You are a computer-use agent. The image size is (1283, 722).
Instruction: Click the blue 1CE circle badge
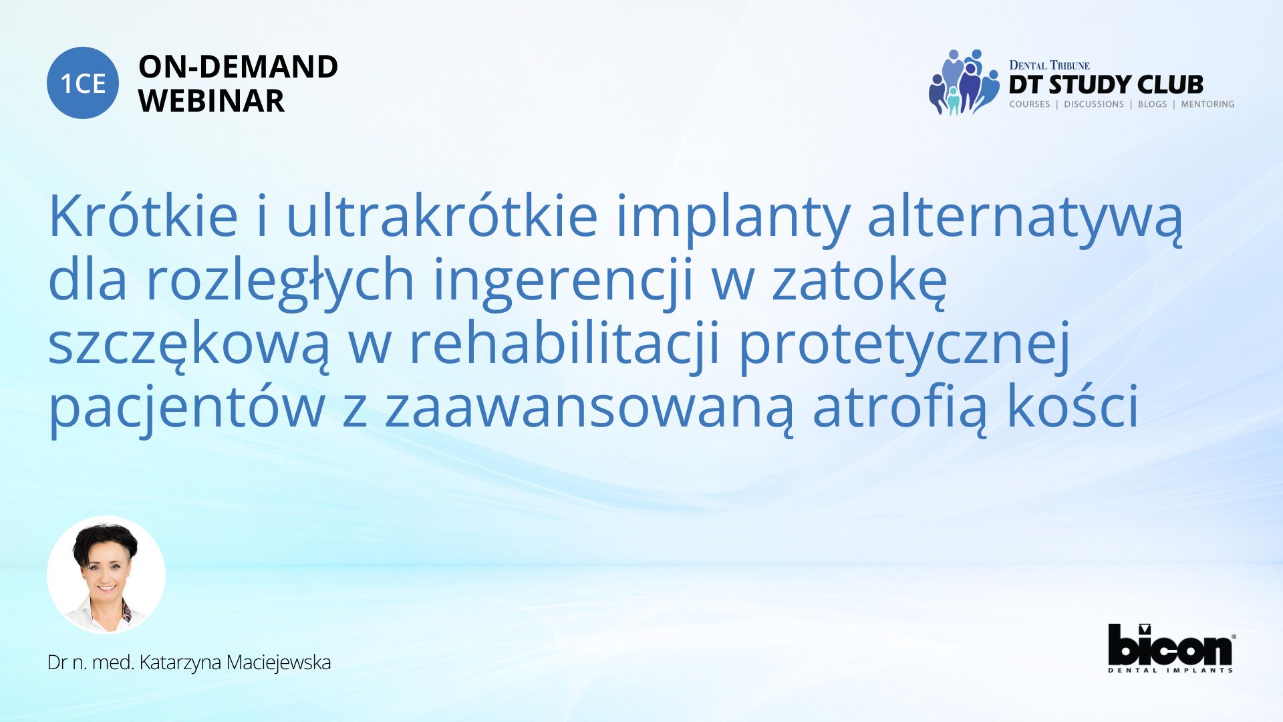point(83,83)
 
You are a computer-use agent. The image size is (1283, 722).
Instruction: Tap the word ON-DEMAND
point(238,67)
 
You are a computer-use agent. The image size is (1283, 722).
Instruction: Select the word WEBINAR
point(211,101)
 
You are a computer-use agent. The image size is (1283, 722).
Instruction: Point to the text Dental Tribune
point(1049,65)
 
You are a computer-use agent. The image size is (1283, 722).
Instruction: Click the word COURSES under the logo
point(1029,104)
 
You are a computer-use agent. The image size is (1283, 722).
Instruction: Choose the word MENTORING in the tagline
point(1207,104)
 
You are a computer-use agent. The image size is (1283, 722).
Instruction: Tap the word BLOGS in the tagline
point(1152,104)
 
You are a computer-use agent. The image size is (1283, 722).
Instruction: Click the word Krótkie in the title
point(143,215)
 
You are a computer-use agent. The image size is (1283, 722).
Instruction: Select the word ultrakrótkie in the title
point(442,215)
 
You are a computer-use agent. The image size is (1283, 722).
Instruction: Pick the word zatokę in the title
point(859,281)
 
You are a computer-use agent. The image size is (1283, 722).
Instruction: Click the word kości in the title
point(1073,405)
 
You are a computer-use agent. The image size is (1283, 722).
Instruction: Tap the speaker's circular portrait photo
point(106,574)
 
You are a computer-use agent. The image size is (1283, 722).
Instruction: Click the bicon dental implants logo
point(1171,648)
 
